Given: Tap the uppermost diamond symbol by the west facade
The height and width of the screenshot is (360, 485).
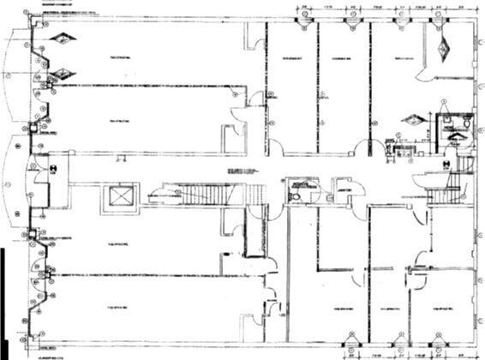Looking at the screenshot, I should [63, 38].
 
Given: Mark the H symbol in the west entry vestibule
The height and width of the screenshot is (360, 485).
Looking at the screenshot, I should [53, 169].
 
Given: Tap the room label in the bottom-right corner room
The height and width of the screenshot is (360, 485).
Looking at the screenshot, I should [442, 308].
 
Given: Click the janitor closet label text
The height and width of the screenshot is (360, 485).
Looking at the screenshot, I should [339, 191].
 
